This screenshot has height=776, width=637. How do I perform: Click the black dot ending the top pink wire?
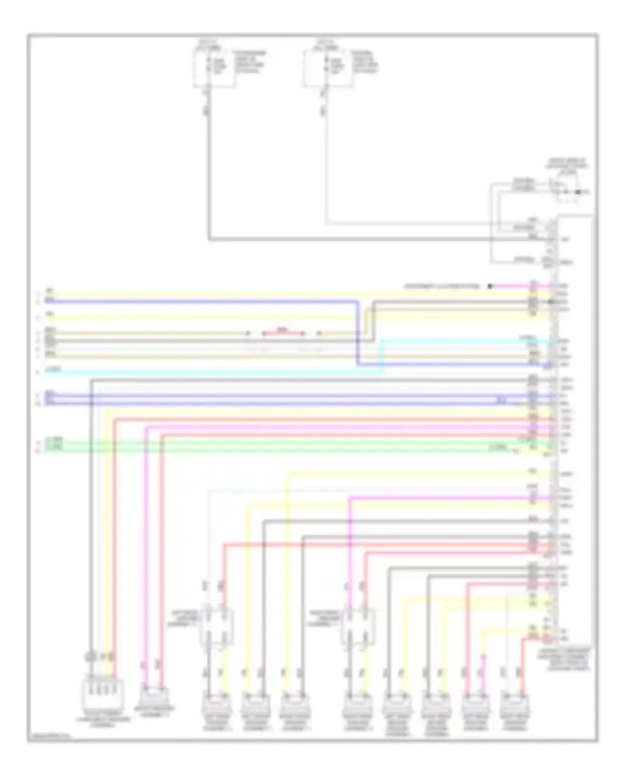pos(490,287)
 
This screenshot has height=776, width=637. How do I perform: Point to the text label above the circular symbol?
pos(567,163)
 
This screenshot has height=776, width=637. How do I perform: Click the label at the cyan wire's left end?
pos(53,370)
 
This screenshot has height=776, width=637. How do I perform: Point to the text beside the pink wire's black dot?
pos(442,287)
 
